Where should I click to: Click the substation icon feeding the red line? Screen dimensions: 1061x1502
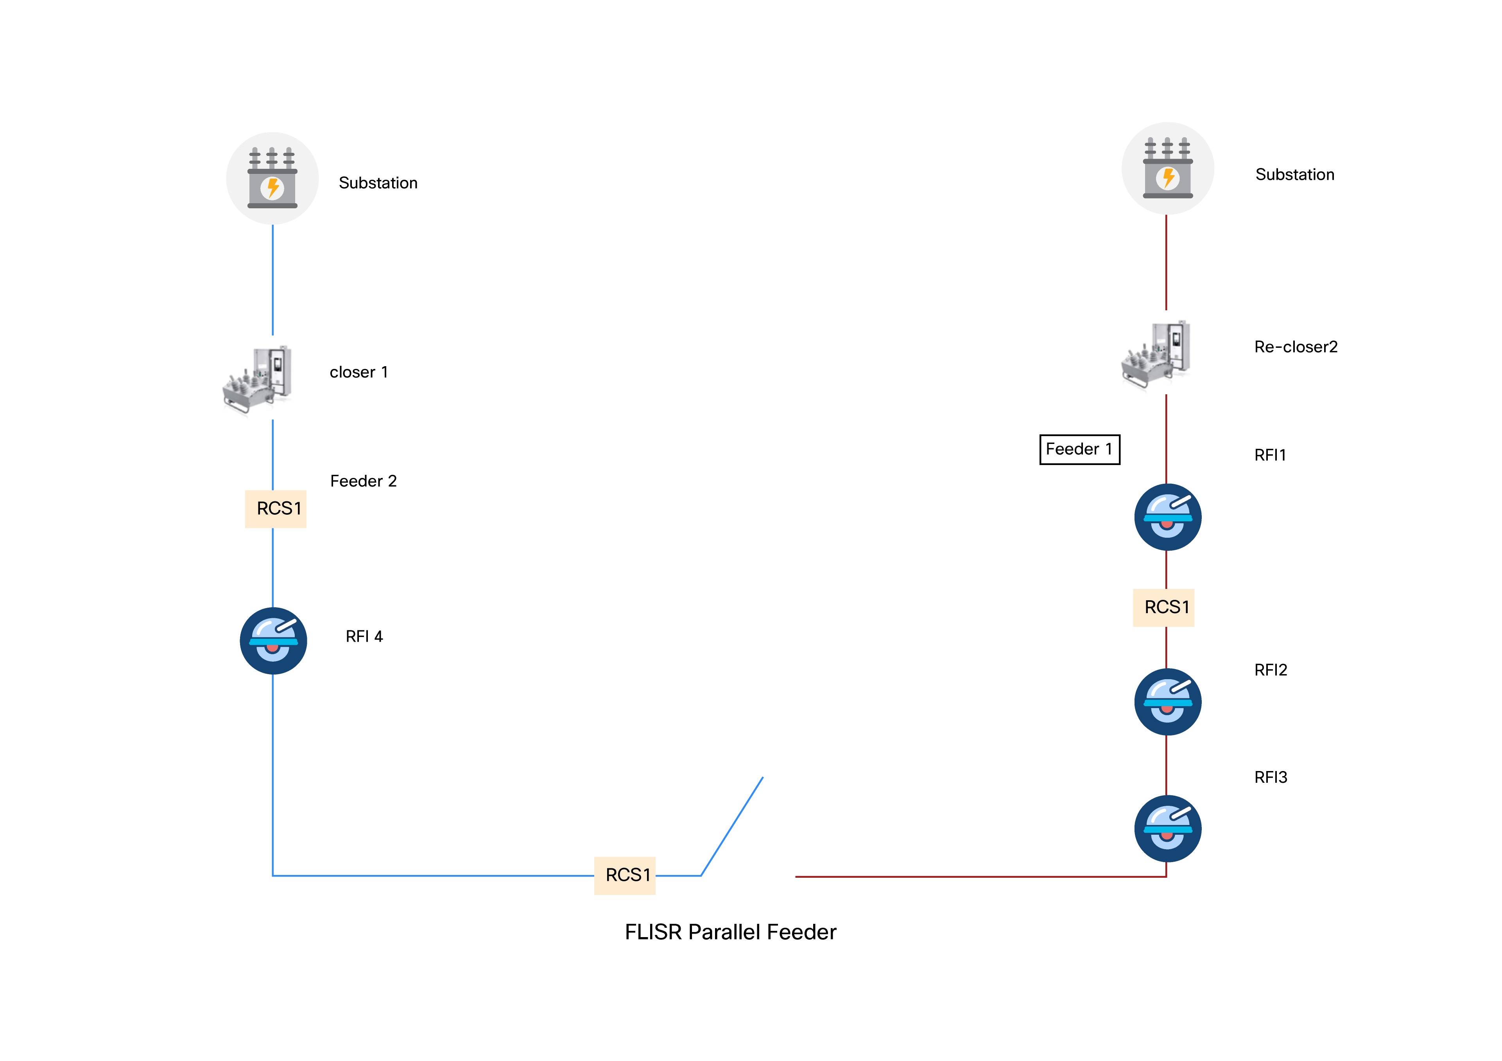pyautogui.click(x=1168, y=169)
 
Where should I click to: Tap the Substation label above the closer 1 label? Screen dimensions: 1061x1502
pyautogui.click(x=378, y=183)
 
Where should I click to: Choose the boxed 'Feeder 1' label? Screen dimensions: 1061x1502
pyautogui.click(x=1079, y=449)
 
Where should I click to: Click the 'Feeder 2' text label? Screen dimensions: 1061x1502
pyautogui.click(x=363, y=481)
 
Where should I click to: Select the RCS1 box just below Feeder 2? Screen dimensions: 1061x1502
pyautogui.click(x=275, y=509)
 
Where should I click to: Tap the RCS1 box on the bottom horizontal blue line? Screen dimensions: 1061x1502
pyautogui.click(x=625, y=875)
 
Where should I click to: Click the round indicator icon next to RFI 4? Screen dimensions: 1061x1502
pyautogui.click(x=273, y=641)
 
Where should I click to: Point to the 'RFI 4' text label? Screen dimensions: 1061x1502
pyautogui.click(x=364, y=637)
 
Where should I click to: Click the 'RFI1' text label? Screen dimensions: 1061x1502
pyautogui.click(x=1270, y=455)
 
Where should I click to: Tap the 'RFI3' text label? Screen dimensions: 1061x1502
pyautogui.click(x=1271, y=777)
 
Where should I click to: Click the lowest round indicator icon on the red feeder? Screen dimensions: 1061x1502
pyautogui.click(x=1168, y=829)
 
